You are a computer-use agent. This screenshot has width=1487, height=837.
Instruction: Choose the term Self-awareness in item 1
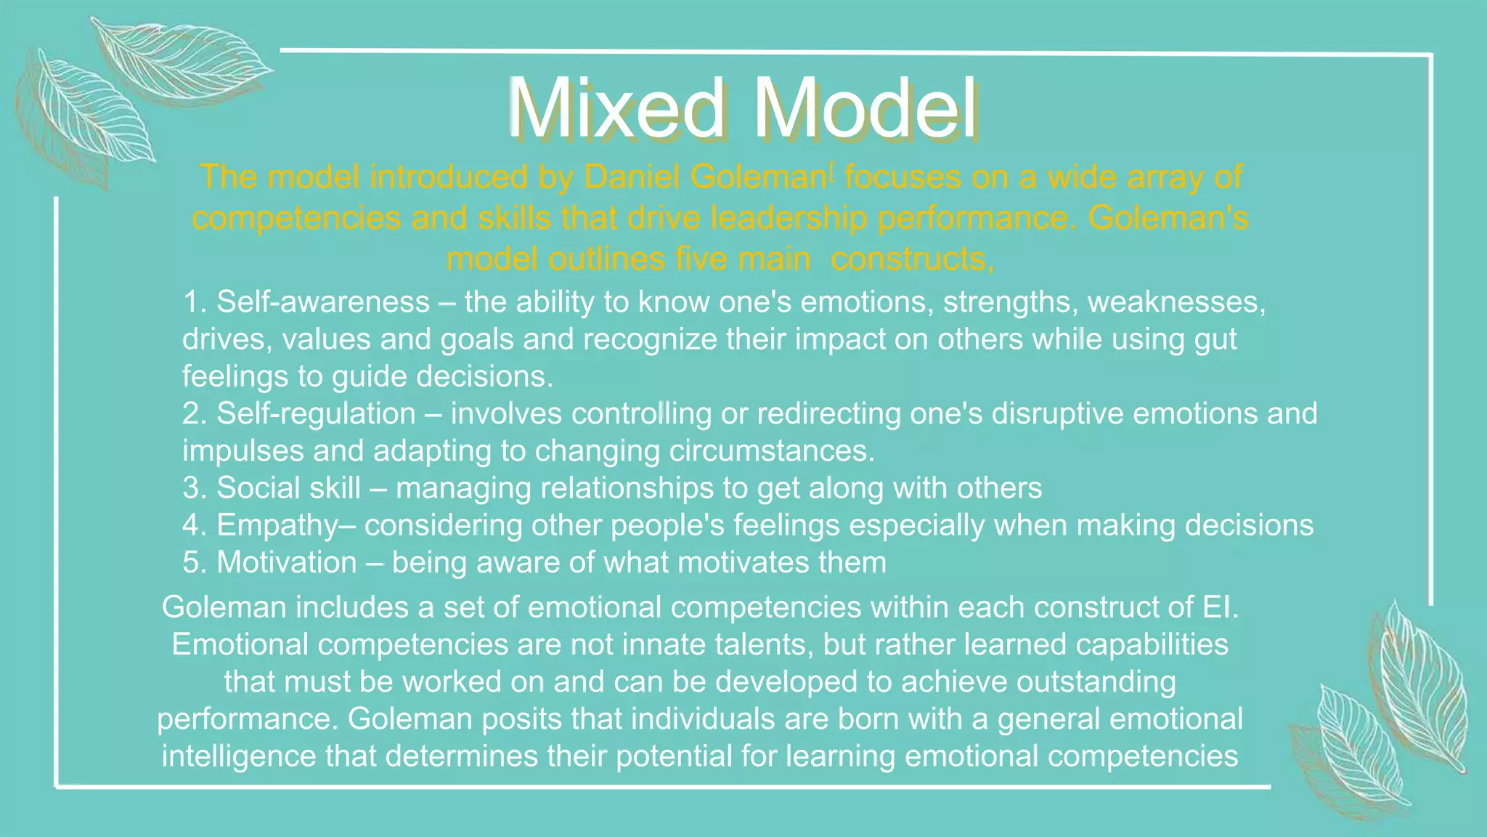click(x=323, y=302)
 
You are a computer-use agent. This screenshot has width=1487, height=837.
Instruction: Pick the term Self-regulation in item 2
click(x=316, y=413)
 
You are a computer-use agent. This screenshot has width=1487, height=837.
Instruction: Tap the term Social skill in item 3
click(x=288, y=488)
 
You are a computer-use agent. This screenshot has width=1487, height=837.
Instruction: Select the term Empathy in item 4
click(x=277, y=525)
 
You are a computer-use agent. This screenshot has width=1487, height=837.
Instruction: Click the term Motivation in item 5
click(x=287, y=563)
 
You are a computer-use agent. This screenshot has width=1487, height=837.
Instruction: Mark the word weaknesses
click(x=1176, y=302)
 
